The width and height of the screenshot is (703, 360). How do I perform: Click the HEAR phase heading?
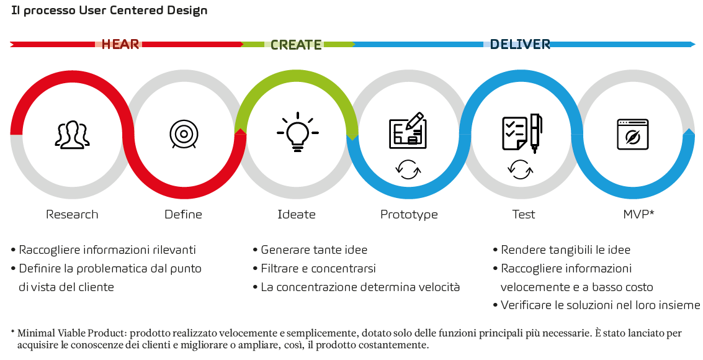click(x=120, y=45)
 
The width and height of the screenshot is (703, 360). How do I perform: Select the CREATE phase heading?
click(x=296, y=45)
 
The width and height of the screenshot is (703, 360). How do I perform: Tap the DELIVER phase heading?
click(x=520, y=45)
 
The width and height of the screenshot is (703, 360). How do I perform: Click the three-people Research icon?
click(x=72, y=134)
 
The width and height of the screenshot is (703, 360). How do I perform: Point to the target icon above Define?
click(x=184, y=134)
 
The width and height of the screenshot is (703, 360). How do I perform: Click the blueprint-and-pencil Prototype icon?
click(x=408, y=130)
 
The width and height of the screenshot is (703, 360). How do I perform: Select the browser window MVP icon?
click(x=633, y=134)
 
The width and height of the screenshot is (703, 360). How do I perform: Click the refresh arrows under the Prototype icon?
click(x=408, y=170)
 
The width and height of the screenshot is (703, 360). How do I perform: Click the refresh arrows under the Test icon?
click(x=520, y=170)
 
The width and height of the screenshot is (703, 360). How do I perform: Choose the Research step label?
click(x=72, y=214)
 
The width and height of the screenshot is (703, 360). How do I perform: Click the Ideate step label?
click(x=297, y=214)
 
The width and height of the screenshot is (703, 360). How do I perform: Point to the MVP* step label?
click(x=638, y=214)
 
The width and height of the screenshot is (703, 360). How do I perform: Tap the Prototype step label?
click(x=409, y=215)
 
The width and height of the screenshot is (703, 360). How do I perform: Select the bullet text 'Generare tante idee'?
click(x=314, y=250)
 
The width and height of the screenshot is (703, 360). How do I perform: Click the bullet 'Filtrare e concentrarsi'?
click(x=318, y=268)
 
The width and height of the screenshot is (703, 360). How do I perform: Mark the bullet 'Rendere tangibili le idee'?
click(x=565, y=250)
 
